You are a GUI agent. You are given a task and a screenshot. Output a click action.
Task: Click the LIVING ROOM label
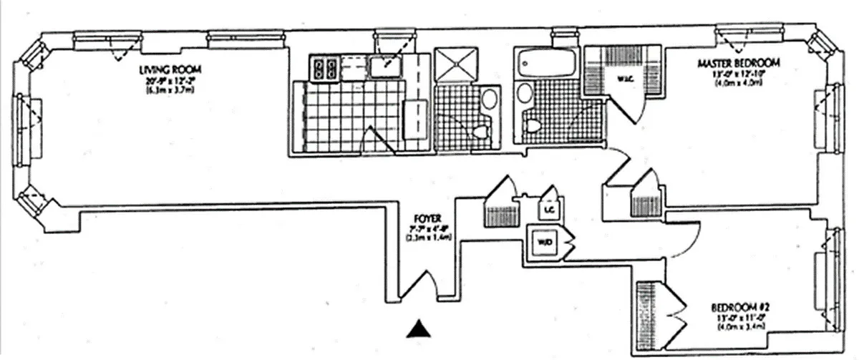coord(170,70)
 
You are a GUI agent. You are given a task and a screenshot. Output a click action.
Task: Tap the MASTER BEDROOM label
coord(738,64)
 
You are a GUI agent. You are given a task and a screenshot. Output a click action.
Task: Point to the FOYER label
coord(431,218)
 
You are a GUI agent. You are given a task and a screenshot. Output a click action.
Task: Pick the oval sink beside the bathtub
coord(525,92)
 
